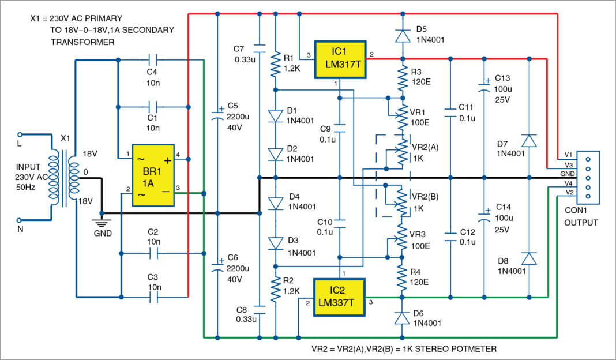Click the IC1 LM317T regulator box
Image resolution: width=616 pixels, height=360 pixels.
point(340,59)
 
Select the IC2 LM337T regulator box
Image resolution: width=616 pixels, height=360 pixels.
point(339,298)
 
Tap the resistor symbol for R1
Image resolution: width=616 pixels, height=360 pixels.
point(276,65)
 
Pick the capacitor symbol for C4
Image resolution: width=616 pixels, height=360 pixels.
point(153,59)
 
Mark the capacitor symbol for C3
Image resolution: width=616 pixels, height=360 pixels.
point(153,297)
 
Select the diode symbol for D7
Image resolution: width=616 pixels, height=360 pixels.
point(529,141)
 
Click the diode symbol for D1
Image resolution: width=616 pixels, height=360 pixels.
point(276,115)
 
